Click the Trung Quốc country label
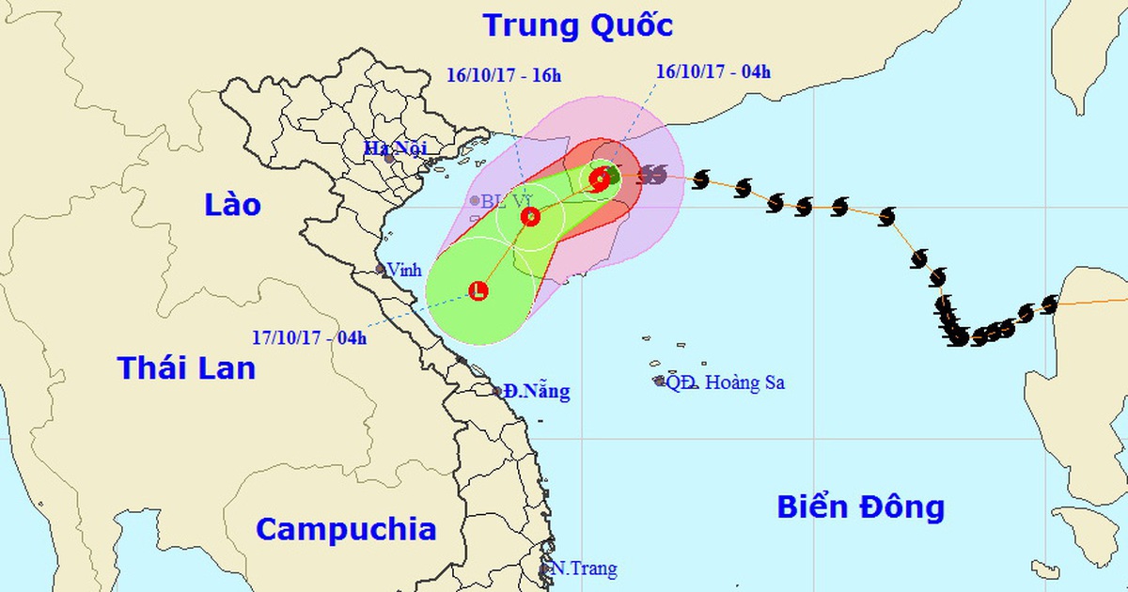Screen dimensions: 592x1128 577,25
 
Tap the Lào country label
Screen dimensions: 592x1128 232,205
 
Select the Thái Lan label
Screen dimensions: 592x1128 186,367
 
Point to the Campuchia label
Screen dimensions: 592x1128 346,529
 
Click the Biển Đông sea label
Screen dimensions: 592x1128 860,507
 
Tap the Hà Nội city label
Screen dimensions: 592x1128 396,148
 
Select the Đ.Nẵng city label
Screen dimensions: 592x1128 536,392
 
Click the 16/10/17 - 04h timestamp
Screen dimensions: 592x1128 713,72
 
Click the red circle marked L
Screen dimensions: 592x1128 478,291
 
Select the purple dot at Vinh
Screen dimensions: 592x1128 381,269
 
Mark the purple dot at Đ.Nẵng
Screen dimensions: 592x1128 498,391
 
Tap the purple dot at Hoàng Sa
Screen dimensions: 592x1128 660,381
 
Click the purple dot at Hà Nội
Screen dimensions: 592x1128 389,158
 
